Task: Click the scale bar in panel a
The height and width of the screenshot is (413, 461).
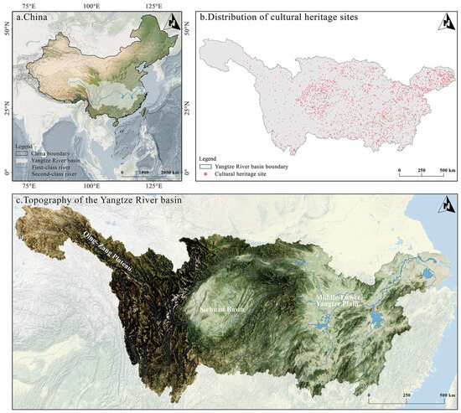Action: (x=144, y=171)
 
